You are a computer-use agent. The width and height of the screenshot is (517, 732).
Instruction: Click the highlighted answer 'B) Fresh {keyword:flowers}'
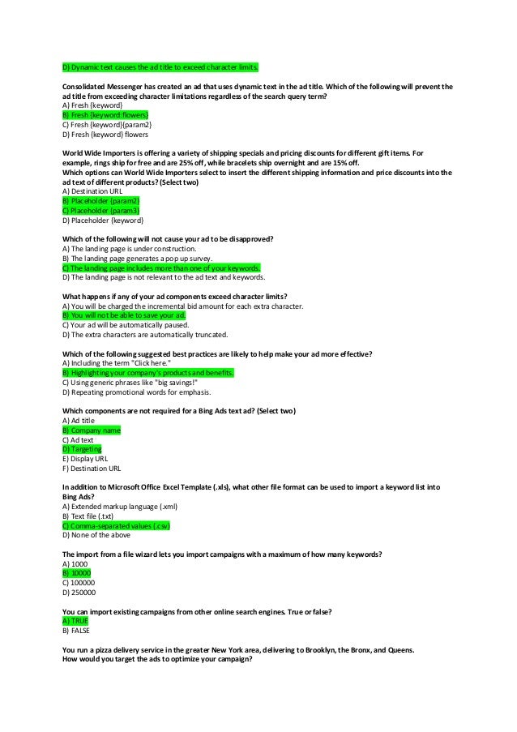click(x=104, y=116)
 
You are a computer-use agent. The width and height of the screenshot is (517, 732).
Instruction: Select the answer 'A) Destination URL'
click(x=94, y=191)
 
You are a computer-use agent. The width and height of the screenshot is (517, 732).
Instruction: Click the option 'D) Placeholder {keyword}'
click(x=103, y=220)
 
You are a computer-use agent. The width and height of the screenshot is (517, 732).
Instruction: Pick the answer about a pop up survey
click(x=128, y=258)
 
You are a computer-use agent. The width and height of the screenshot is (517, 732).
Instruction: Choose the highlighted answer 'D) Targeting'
click(x=82, y=448)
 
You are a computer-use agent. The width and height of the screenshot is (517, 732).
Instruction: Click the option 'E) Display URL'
click(x=85, y=458)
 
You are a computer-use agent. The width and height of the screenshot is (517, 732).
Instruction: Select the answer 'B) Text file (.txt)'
click(x=88, y=516)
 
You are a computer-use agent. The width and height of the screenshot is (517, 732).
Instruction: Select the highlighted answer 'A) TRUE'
click(x=75, y=620)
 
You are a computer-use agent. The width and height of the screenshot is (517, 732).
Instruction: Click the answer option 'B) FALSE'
click(x=76, y=630)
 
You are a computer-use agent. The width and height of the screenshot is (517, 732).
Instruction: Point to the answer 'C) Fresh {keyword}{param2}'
click(x=106, y=126)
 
